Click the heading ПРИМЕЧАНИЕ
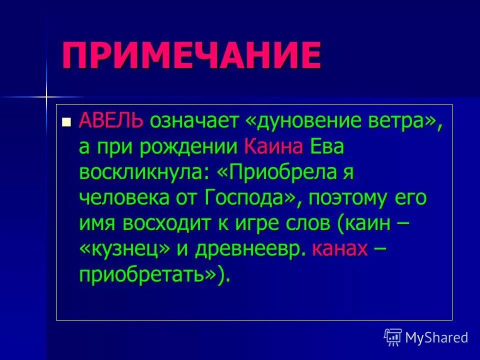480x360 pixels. pyautogui.click(x=191, y=55)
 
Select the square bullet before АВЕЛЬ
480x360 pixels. pyautogui.click(x=65, y=121)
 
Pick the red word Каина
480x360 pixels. pyautogui.click(x=274, y=147)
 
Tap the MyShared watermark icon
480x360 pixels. pyautogui.click(x=392, y=337)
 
